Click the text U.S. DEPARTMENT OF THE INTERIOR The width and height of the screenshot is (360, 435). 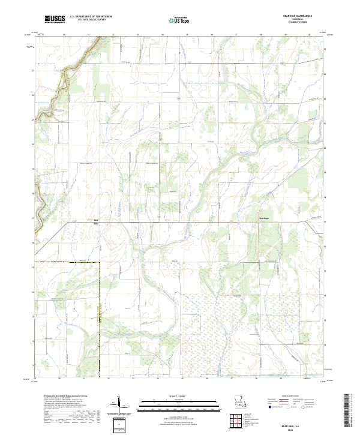click(x=91, y=17)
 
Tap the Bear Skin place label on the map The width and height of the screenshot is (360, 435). click(x=95, y=222)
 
